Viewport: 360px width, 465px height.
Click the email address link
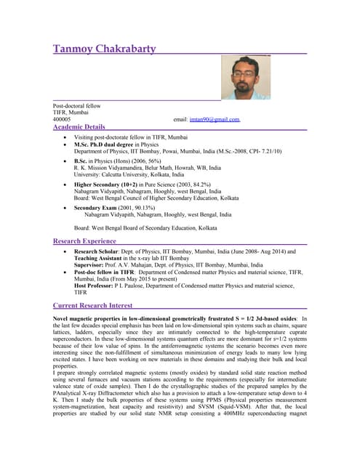click(215, 119)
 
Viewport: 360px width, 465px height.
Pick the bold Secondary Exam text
click(99, 207)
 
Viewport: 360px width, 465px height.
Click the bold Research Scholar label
click(100, 251)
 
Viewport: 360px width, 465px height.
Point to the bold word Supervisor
click(90, 265)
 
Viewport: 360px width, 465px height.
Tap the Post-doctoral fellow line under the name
click(76, 106)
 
